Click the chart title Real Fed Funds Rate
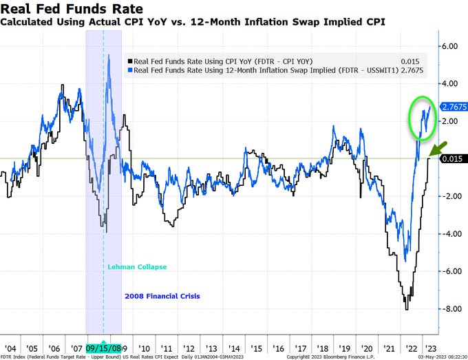point(72,9)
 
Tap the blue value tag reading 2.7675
point(454,107)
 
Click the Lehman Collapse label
point(136,267)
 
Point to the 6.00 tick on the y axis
point(450,46)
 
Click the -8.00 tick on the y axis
point(450,308)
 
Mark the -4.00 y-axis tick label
point(450,233)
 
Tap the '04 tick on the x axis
point(11,348)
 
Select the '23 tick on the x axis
point(431,348)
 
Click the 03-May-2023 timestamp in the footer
point(440,357)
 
